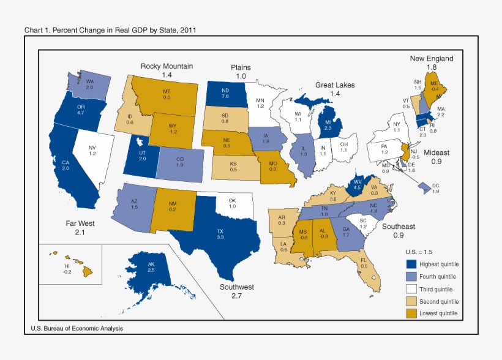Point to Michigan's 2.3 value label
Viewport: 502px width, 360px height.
pyautogui.click(x=328, y=128)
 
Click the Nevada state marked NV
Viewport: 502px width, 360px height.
pyautogui.click(x=92, y=150)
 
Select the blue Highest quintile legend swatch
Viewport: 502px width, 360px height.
pyautogui.click(x=413, y=264)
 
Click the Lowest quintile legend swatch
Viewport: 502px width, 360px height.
pyautogui.click(x=413, y=313)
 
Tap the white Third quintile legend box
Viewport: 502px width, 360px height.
pyautogui.click(x=413, y=289)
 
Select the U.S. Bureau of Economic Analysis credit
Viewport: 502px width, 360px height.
pyautogui.click(x=77, y=329)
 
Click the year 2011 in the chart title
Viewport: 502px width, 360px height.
pyautogui.click(x=188, y=30)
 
